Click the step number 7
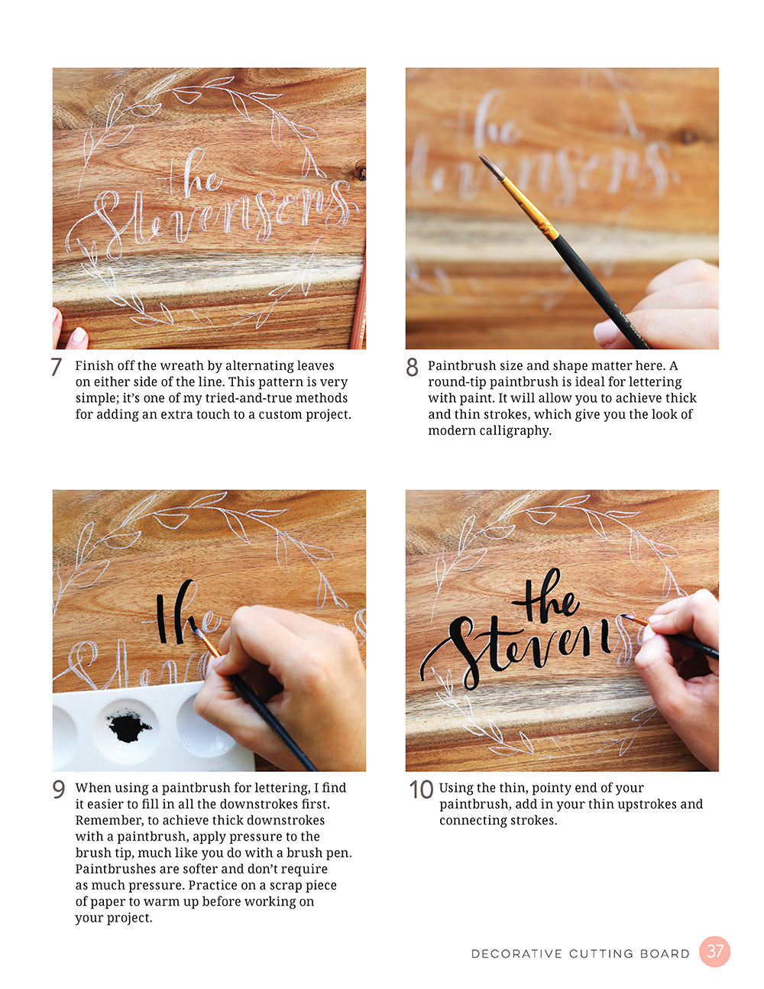(x=56, y=367)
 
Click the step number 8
(x=412, y=368)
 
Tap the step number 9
(x=59, y=789)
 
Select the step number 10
(x=420, y=789)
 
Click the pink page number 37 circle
(x=715, y=952)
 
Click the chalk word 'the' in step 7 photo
(x=191, y=176)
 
